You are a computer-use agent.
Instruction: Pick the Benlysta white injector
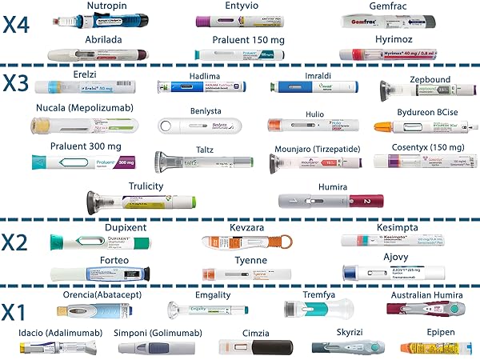[202, 126]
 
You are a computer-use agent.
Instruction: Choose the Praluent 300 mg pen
[84, 162]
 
